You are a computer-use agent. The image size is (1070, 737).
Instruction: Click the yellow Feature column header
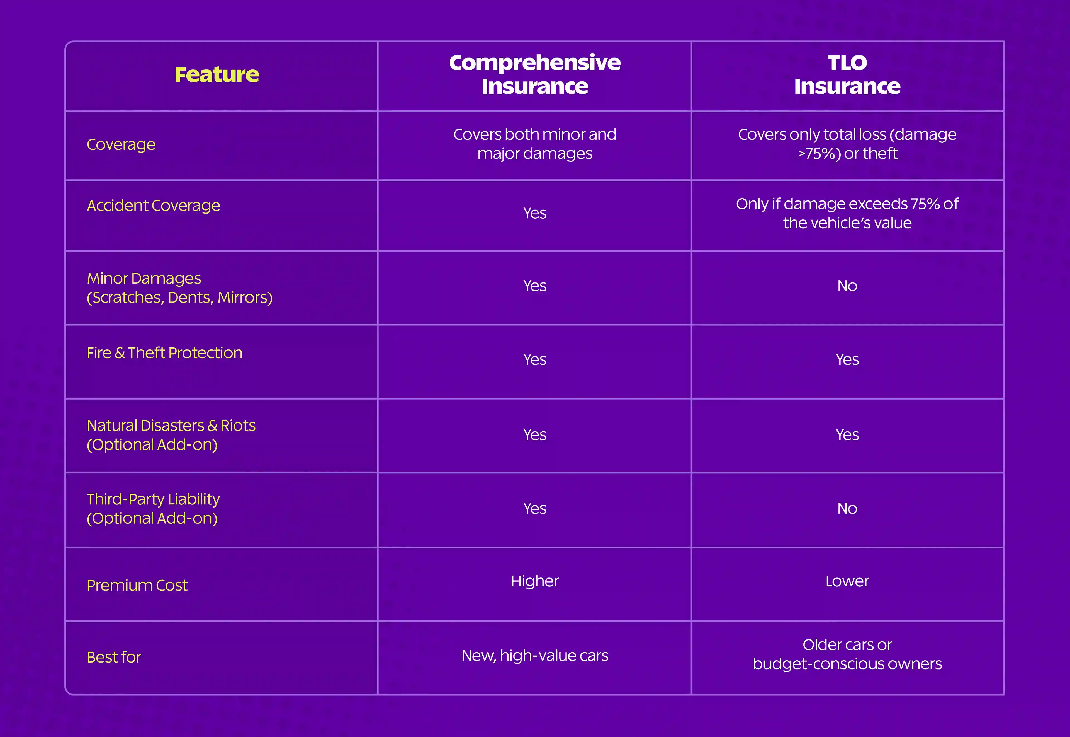pyautogui.click(x=217, y=74)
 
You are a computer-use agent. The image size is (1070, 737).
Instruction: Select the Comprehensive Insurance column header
pyautogui.click(x=535, y=74)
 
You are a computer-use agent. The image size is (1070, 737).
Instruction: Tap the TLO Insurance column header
pyautogui.click(x=847, y=74)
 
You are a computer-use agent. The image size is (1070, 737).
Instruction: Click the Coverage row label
pyautogui.click(x=121, y=144)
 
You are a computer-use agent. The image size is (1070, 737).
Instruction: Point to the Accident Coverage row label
pyautogui.click(x=153, y=206)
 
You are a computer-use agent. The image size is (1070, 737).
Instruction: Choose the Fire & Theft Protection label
pyautogui.click(x=164, y=353)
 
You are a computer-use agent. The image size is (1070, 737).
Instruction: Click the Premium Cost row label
pyautogui.click(x=137, y=585)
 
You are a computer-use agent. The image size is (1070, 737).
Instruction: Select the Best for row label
pyautogui.click(x=113, y=657)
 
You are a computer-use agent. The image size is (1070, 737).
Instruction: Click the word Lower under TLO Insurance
pyautogui.click(x=847, y=581)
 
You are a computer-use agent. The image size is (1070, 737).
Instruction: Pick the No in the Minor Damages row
pyautogui.click(x=847, y=286)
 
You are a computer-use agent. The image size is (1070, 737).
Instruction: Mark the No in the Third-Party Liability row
pyautogui.click(x=847, y=508)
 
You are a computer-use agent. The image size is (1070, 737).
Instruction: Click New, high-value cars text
pyautogui.click(x=535, y=656)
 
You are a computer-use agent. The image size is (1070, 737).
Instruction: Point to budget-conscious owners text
pyautogui.click(x=847, y=664)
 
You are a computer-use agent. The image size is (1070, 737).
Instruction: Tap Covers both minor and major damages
pyautogui.click(x=535, y=144)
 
